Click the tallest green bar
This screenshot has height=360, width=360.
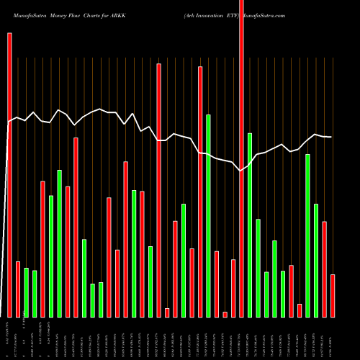pyautogui.click(x=208, y=215)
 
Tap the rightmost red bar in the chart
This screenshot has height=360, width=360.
pyautogui.click(x=333, y=295)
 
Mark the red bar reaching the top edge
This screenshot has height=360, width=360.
pyautogui.click(x=241, y=158)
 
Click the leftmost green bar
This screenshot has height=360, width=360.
pyautogui.click(x=26, y=292)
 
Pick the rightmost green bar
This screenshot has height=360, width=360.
pyautogui.click(x=316, y=260)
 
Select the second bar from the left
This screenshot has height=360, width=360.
pyautogui.click(x=18, y=289)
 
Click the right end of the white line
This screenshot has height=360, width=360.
pyautogui.click(x=332, y=137)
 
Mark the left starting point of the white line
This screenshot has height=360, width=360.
pyautogui.click(x=9, y=122)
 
